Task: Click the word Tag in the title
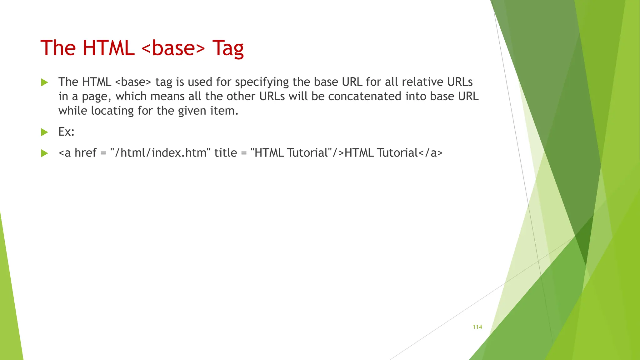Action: click(228, 48)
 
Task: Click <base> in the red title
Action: click(173, 48)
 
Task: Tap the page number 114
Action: click(477, 327)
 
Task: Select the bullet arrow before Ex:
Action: click(45, 132)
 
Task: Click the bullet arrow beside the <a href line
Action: click(45, 153)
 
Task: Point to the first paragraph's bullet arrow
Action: click(45, 82)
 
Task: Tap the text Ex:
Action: click(66, 132)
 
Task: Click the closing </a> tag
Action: click(430, 153)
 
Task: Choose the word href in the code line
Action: click(85, 153)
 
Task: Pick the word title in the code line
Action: click(225, 153)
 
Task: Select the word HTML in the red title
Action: click(108, 48)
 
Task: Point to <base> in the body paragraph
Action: click(133, 82)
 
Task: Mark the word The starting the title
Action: click(58, 48)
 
